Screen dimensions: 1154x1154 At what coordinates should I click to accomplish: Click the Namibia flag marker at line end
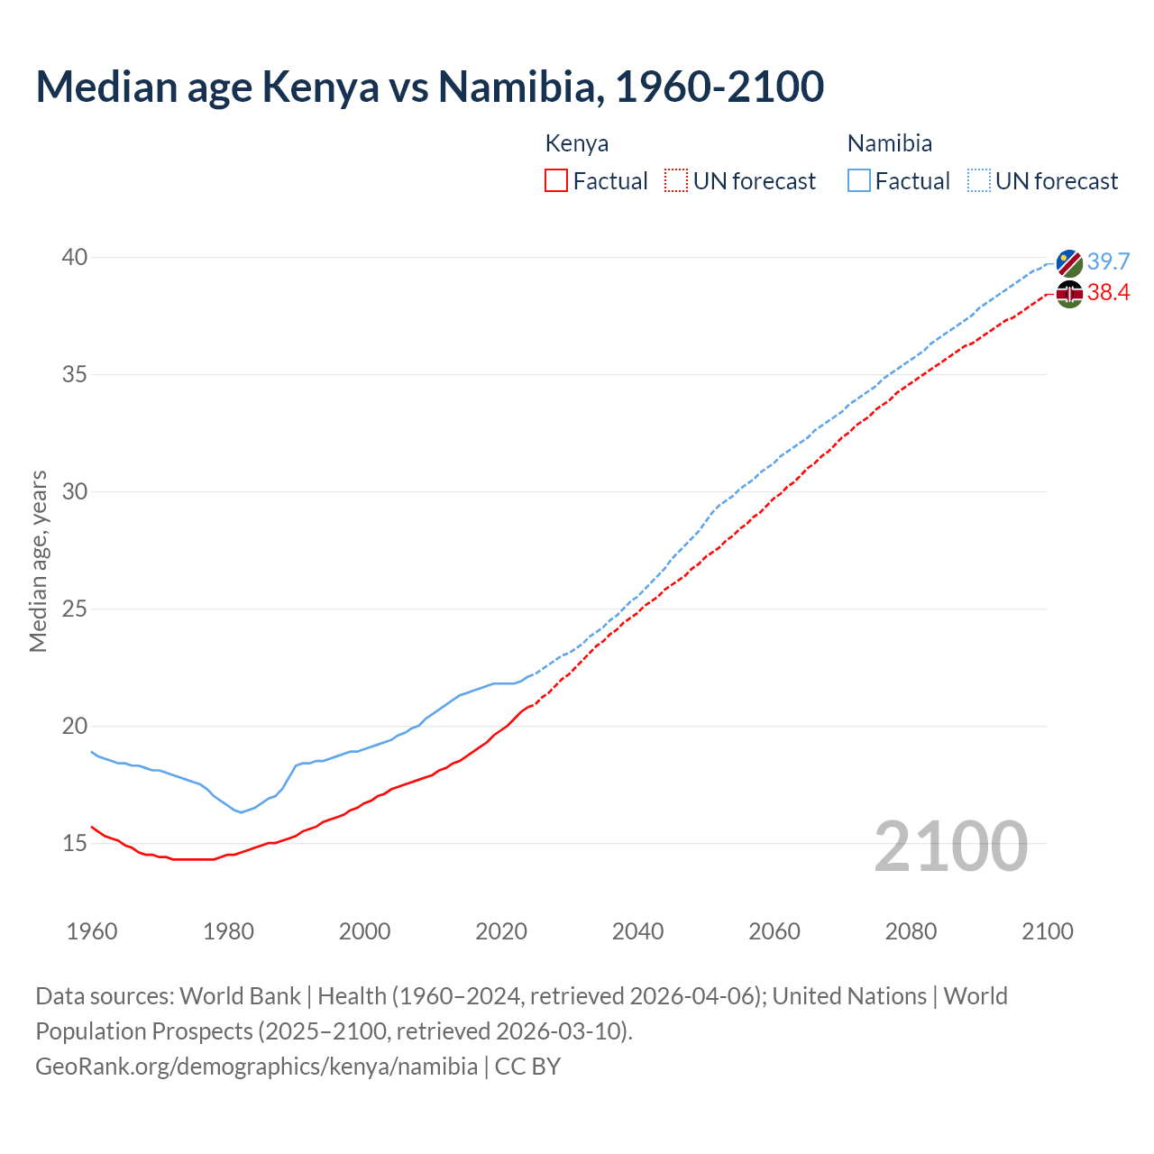click(x=1069, y=263)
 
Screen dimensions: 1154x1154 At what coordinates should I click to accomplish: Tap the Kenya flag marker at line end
click(x=1069, y=294)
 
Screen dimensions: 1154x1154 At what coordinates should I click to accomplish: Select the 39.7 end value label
click(x=1108, y=261)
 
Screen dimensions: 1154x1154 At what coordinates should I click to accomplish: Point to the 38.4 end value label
click(x=1108, y=292)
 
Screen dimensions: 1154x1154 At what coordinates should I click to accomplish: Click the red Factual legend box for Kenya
click(x=556, y=181)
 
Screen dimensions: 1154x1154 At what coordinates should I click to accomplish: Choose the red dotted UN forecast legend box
click(x=676, y=181)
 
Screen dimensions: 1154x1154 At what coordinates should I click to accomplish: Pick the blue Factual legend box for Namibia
click(x=859, y=181)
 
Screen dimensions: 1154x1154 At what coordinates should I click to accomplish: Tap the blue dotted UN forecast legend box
click(x=979, y=181)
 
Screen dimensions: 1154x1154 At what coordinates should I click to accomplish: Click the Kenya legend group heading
click(x=577, y=143)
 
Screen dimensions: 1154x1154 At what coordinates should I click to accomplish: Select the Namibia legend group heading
click(x=890, y=143)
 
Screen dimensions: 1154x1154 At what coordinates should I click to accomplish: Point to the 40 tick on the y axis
click(x=75, y=258)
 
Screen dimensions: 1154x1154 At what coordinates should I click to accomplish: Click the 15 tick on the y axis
click(x=75, y=844)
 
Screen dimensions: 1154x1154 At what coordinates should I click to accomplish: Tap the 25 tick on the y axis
click(x=75, y=609)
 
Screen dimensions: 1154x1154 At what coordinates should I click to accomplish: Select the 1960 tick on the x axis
click(x=92, y=931)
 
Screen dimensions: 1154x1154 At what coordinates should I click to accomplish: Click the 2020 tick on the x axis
click(x=501, y=931)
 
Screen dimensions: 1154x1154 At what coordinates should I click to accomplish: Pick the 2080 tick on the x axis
click(x=911, y=931)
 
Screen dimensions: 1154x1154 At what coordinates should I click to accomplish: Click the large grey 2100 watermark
click(x=951, y=846)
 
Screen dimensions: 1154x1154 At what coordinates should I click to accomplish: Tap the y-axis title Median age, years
click(x=38, y=561)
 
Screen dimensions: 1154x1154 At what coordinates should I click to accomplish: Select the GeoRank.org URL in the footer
click(x=257, y=1067)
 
